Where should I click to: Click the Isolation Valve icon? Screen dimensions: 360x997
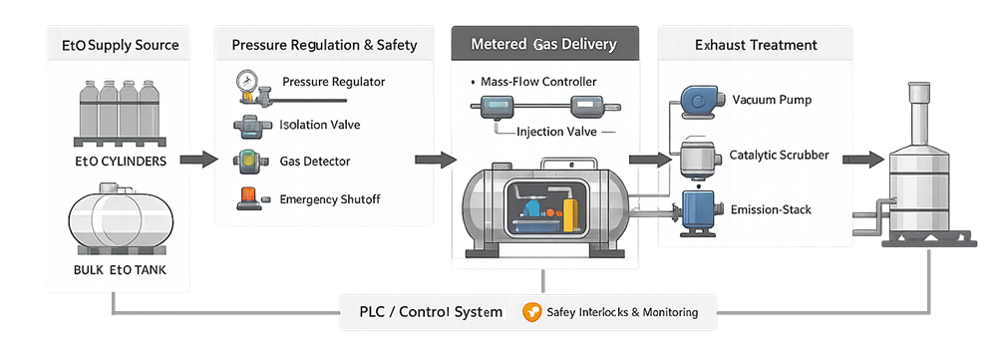(246, 125)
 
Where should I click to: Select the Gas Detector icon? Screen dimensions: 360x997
(246, 161)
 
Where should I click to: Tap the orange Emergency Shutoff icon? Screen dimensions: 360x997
(246, 198)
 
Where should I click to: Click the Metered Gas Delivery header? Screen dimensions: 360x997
(542, 45)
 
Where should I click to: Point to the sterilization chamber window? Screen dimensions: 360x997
(541, 207)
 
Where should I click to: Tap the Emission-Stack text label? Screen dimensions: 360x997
(772, 208)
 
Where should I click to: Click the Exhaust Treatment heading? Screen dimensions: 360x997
(756, 45)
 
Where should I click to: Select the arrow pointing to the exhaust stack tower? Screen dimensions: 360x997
(862, 158)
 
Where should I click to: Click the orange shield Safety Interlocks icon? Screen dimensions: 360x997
(532, 312)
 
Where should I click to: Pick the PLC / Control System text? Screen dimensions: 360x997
(431, 312)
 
